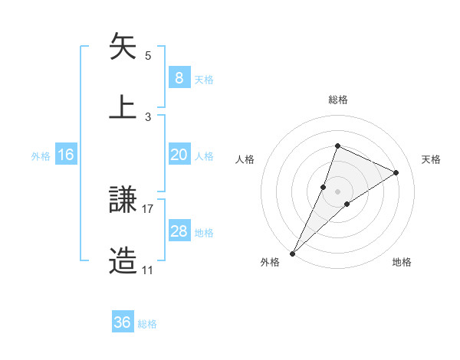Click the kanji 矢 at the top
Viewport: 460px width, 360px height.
click(123, 47)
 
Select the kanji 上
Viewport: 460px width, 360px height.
click(123, 106)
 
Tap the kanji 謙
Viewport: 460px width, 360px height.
click(123, 201)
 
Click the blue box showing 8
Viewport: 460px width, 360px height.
click(179, 78)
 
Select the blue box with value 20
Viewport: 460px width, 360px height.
click(179, 155)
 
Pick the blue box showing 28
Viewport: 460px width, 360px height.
click(179, 231)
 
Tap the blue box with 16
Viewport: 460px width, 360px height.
click(66, 155)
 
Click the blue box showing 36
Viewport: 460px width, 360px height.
click(123, 322)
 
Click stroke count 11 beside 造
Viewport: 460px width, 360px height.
click(147, 270)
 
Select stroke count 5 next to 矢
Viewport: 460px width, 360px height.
click(148, 56)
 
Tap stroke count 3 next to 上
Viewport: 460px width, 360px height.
click(148, 116)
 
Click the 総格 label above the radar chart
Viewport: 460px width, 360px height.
click(337, 100)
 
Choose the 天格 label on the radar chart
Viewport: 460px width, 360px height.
click(431, 159)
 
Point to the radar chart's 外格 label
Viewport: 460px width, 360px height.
click(270, 262)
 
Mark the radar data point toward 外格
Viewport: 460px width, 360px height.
click(292, 253)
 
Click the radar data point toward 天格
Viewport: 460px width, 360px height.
click(396, 173)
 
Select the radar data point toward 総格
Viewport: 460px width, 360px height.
click(337, 146)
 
